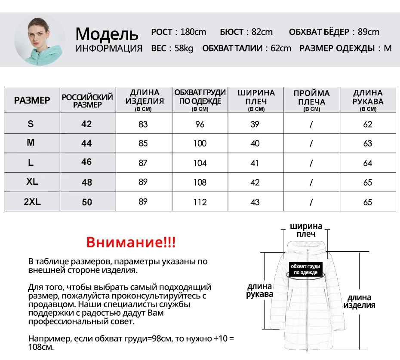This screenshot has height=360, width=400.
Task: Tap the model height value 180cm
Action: (193, 32)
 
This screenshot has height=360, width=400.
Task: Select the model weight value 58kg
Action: (184, 48)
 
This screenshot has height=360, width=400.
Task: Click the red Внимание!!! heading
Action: (131, 242)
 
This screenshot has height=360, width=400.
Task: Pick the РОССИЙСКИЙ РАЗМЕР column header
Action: (87, 101)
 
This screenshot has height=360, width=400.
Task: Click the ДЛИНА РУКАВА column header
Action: (368, 100)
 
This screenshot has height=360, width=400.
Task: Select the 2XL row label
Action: (32, 201)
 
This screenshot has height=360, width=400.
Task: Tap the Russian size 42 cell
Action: (86, 124)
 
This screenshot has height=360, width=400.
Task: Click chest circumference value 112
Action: (200, 202)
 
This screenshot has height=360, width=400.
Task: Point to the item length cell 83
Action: (143, 124)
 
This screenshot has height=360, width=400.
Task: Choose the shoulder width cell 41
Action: (255, 163)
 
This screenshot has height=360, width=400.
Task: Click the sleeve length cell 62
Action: (367, 124)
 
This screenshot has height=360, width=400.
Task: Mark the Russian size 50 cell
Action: (87, 202)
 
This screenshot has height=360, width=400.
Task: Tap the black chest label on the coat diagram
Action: (305, 269)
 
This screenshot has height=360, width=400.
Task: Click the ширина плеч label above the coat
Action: (306, 230)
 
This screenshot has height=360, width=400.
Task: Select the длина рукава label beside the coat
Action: (259, 290)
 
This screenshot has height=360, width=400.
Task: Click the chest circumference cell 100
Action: (200, 143)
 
